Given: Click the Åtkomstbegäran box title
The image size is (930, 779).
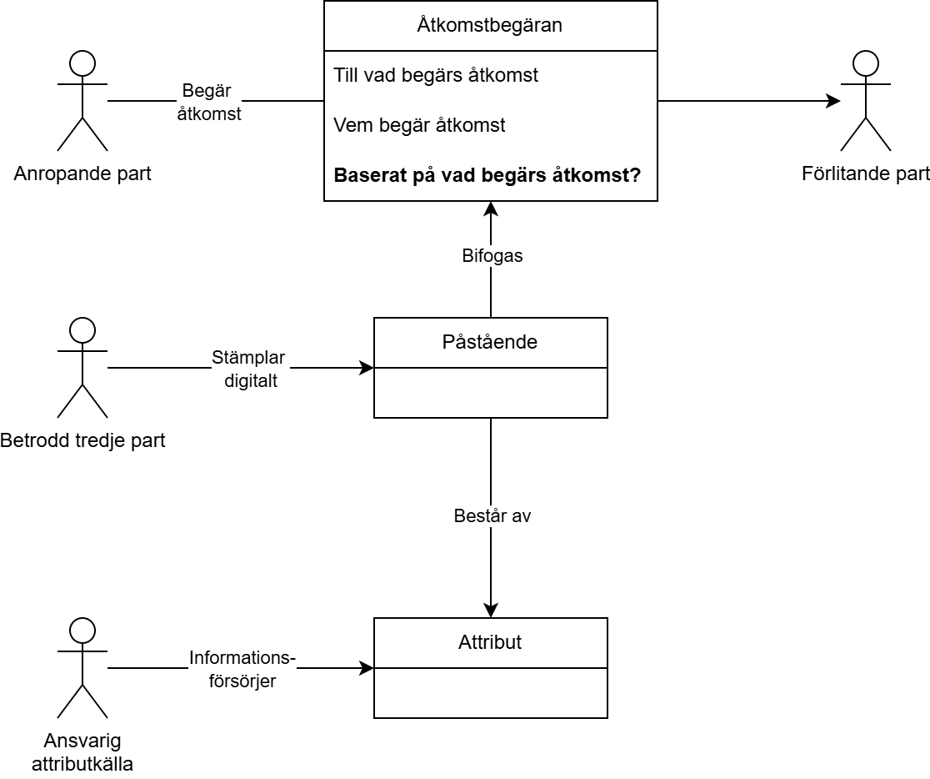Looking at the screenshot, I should coord(490,25).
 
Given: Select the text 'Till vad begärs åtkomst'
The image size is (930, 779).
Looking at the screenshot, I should coord(436,75).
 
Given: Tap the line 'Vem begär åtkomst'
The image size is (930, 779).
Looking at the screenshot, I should coord(419,125).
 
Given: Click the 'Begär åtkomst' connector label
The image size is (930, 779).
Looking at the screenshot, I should coord(209,102).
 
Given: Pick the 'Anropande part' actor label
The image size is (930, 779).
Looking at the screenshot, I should coord(82,174).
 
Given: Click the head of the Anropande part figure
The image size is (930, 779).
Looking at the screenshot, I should coord(82,63).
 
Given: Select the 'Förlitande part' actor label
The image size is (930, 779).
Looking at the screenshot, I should coord(866,174).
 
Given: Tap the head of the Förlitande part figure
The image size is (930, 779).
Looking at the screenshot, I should coord(866,63).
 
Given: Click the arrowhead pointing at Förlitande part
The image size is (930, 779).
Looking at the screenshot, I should coord(833,101).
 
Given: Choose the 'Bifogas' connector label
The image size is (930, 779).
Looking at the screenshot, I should coord(492,256).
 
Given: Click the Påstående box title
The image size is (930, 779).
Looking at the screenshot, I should coord(490,342).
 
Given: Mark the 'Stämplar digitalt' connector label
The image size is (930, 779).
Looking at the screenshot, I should coord(248,369).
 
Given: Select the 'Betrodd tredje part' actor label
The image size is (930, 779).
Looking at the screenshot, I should coord(82,440).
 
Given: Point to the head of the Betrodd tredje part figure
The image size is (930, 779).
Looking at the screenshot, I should coord(82,330).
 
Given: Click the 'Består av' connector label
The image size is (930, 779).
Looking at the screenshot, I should coord(492,516).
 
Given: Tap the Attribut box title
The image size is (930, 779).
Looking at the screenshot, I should coord(490,642).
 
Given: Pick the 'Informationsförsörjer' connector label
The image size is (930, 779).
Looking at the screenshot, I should coord(242,669).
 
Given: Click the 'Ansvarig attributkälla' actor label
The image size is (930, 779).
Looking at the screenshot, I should coord(82,751).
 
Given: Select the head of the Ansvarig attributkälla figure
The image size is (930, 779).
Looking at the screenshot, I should coord(82,631).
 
